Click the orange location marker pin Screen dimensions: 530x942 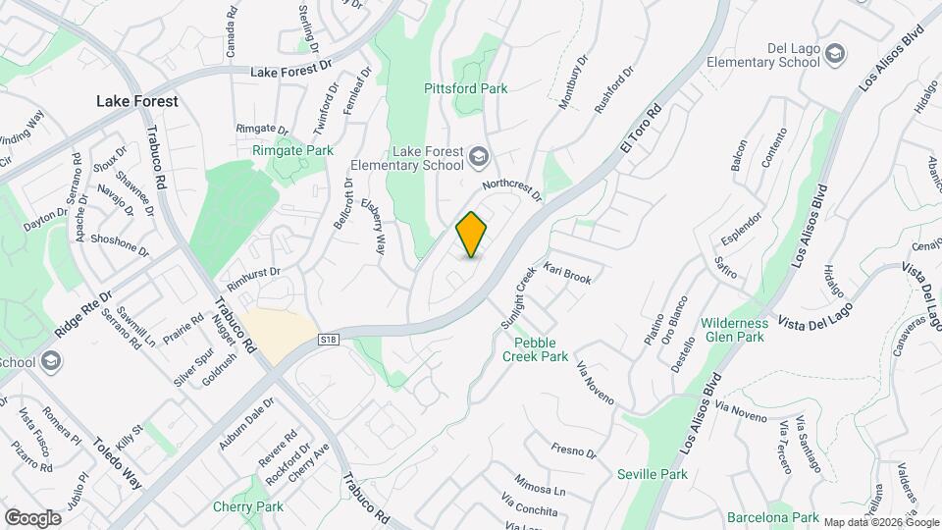[472, 235]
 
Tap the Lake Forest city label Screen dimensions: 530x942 [136, 101]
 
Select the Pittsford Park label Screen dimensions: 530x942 [465, 88]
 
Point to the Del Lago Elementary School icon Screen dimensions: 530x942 [836, 53]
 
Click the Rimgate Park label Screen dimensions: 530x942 [292, 150]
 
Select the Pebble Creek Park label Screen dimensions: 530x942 [541, 349]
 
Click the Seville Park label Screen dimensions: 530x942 [653, 474]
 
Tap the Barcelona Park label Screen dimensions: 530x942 [772, 517]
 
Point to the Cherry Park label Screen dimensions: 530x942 [247, 507]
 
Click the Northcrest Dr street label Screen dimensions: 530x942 [512, 188]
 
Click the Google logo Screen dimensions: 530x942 [32, 517]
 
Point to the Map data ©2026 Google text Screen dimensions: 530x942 [879, 522]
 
